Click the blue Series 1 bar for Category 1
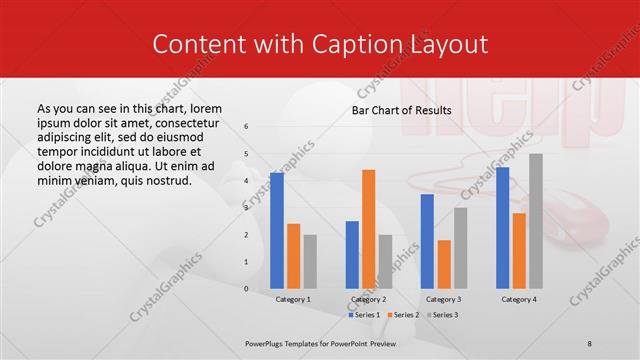coord(277,230)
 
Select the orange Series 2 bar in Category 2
coord(368,229)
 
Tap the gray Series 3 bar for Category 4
coord(536,221)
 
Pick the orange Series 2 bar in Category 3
coord(444,264)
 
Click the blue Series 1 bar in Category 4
coord(502,228)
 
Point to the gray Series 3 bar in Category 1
coord(310,261)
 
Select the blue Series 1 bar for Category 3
coord(427,241)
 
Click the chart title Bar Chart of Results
coord(400,110)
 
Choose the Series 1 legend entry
coord(365,315)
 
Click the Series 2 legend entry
coord(403,315)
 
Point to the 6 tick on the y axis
coord(246,127)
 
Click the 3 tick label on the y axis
coord(246,208)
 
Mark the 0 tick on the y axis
coord(246,289)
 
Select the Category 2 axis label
coord(368,299)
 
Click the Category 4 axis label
coord(518,299)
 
